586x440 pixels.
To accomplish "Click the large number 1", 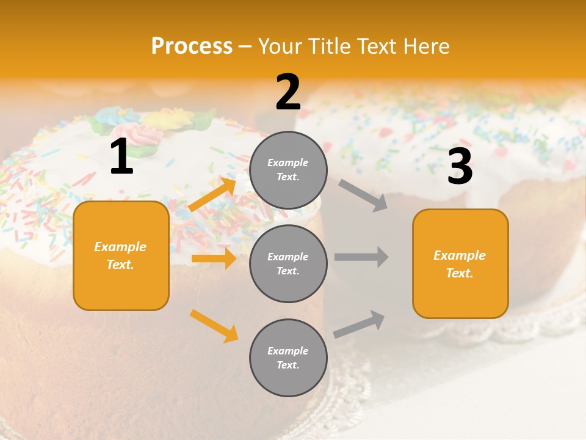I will [121, 157].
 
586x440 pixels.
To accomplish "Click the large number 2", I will [288, 92].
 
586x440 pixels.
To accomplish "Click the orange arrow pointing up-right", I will [212, 194].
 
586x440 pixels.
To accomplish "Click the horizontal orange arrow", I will [214, 258].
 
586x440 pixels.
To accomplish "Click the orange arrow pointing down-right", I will [214, 326].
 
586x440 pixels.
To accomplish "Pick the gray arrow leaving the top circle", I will [363, 196].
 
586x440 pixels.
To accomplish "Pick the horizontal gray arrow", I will [361, 257].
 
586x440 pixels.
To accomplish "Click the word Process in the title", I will [192, 46].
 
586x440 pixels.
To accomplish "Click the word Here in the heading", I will [425, 46].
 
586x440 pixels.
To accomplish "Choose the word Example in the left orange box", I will [120, 247].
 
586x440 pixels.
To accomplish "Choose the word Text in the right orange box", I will [458, 273].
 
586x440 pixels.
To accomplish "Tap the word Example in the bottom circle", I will [288, 351].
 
